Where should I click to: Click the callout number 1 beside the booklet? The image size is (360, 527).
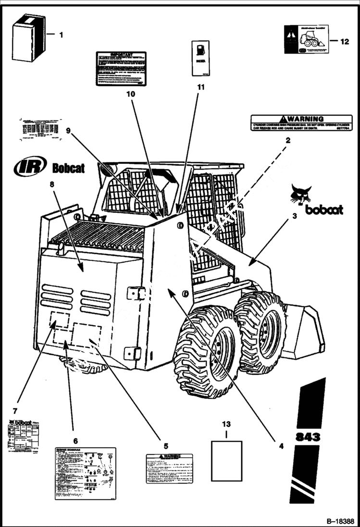click(x=61, y=35)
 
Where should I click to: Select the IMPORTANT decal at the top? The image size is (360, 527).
click(x=121, y=69)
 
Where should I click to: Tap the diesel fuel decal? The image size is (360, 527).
click(x=200, y=59)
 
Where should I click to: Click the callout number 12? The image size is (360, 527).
click(x=345, y=41)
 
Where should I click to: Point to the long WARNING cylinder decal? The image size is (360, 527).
click(x=301, y=123)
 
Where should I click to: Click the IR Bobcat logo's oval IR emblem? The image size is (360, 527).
click(x=30, y=166)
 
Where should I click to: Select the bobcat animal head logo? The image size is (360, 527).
click(x=301, y=194)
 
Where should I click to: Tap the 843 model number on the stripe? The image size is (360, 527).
click(x=308, y=437)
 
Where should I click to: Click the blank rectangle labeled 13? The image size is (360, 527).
click(x=226, y=461)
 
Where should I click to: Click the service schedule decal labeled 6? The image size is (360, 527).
click(x=85, y=473)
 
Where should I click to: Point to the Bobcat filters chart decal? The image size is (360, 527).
click(x=23, y=435)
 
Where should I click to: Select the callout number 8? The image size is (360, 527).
click(x=52, y=184)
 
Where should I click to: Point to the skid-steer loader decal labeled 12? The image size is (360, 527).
click(x=306, y=39)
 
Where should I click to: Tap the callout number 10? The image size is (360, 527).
click(x=130, y=94)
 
